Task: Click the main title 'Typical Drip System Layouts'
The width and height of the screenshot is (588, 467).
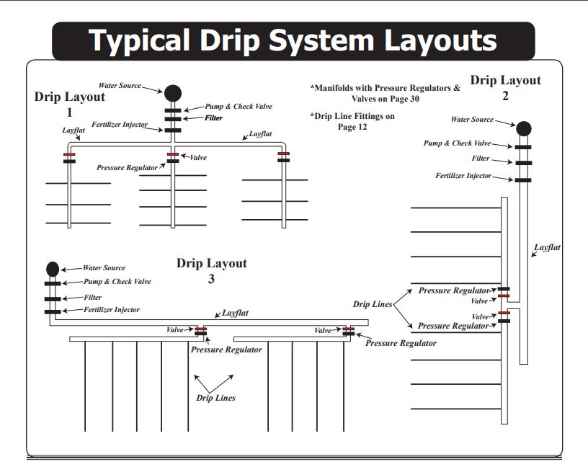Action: (x=293, y=40)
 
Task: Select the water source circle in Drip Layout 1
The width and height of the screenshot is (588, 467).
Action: (x=173, y=93)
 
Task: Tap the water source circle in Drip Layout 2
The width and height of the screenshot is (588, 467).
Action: (x=524, y=128)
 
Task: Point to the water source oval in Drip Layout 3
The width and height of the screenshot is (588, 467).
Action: (x=53, y=269)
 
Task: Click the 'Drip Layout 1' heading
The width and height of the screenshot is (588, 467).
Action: (x=69, y=104)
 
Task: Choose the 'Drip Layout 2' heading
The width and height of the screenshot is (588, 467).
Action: (x=505, y=87)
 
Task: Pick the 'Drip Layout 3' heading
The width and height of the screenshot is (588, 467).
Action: (x=211, y=270)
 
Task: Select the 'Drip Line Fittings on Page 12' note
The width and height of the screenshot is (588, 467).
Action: (x=353, y=120)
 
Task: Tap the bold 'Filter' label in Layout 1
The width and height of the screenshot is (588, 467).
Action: (x=213, y=117)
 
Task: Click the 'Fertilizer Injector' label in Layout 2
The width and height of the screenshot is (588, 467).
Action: (x=463, y=176)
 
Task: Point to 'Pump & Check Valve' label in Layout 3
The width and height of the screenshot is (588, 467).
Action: (x=117, y=282)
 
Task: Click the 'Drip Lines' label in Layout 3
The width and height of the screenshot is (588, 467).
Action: (x=215, y=398)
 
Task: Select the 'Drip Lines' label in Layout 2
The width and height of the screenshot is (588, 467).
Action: (x=373, y=305)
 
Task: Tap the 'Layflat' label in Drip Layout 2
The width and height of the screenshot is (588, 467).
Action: (x=547, y=247)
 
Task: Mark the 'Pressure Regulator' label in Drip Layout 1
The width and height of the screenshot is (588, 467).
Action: (x=127, y=167)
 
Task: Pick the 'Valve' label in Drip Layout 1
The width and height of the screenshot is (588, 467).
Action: (x=198, y=156)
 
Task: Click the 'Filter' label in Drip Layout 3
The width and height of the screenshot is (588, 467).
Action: (x=92, y=297)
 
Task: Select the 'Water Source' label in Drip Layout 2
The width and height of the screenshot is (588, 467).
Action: (x=472, y=120)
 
